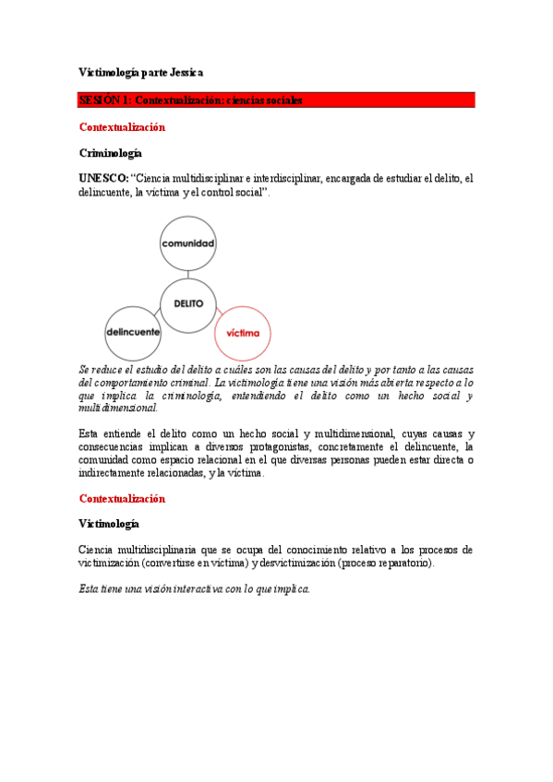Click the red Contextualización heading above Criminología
coord(122,126)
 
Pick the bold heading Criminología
coord(110,153)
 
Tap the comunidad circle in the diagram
coord(188,243)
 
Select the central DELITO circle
coord(188,302)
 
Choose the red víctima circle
coord(243,332)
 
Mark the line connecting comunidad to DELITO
coord(188,273)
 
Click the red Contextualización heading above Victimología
coord(122,499)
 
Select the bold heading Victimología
coord(109,524)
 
